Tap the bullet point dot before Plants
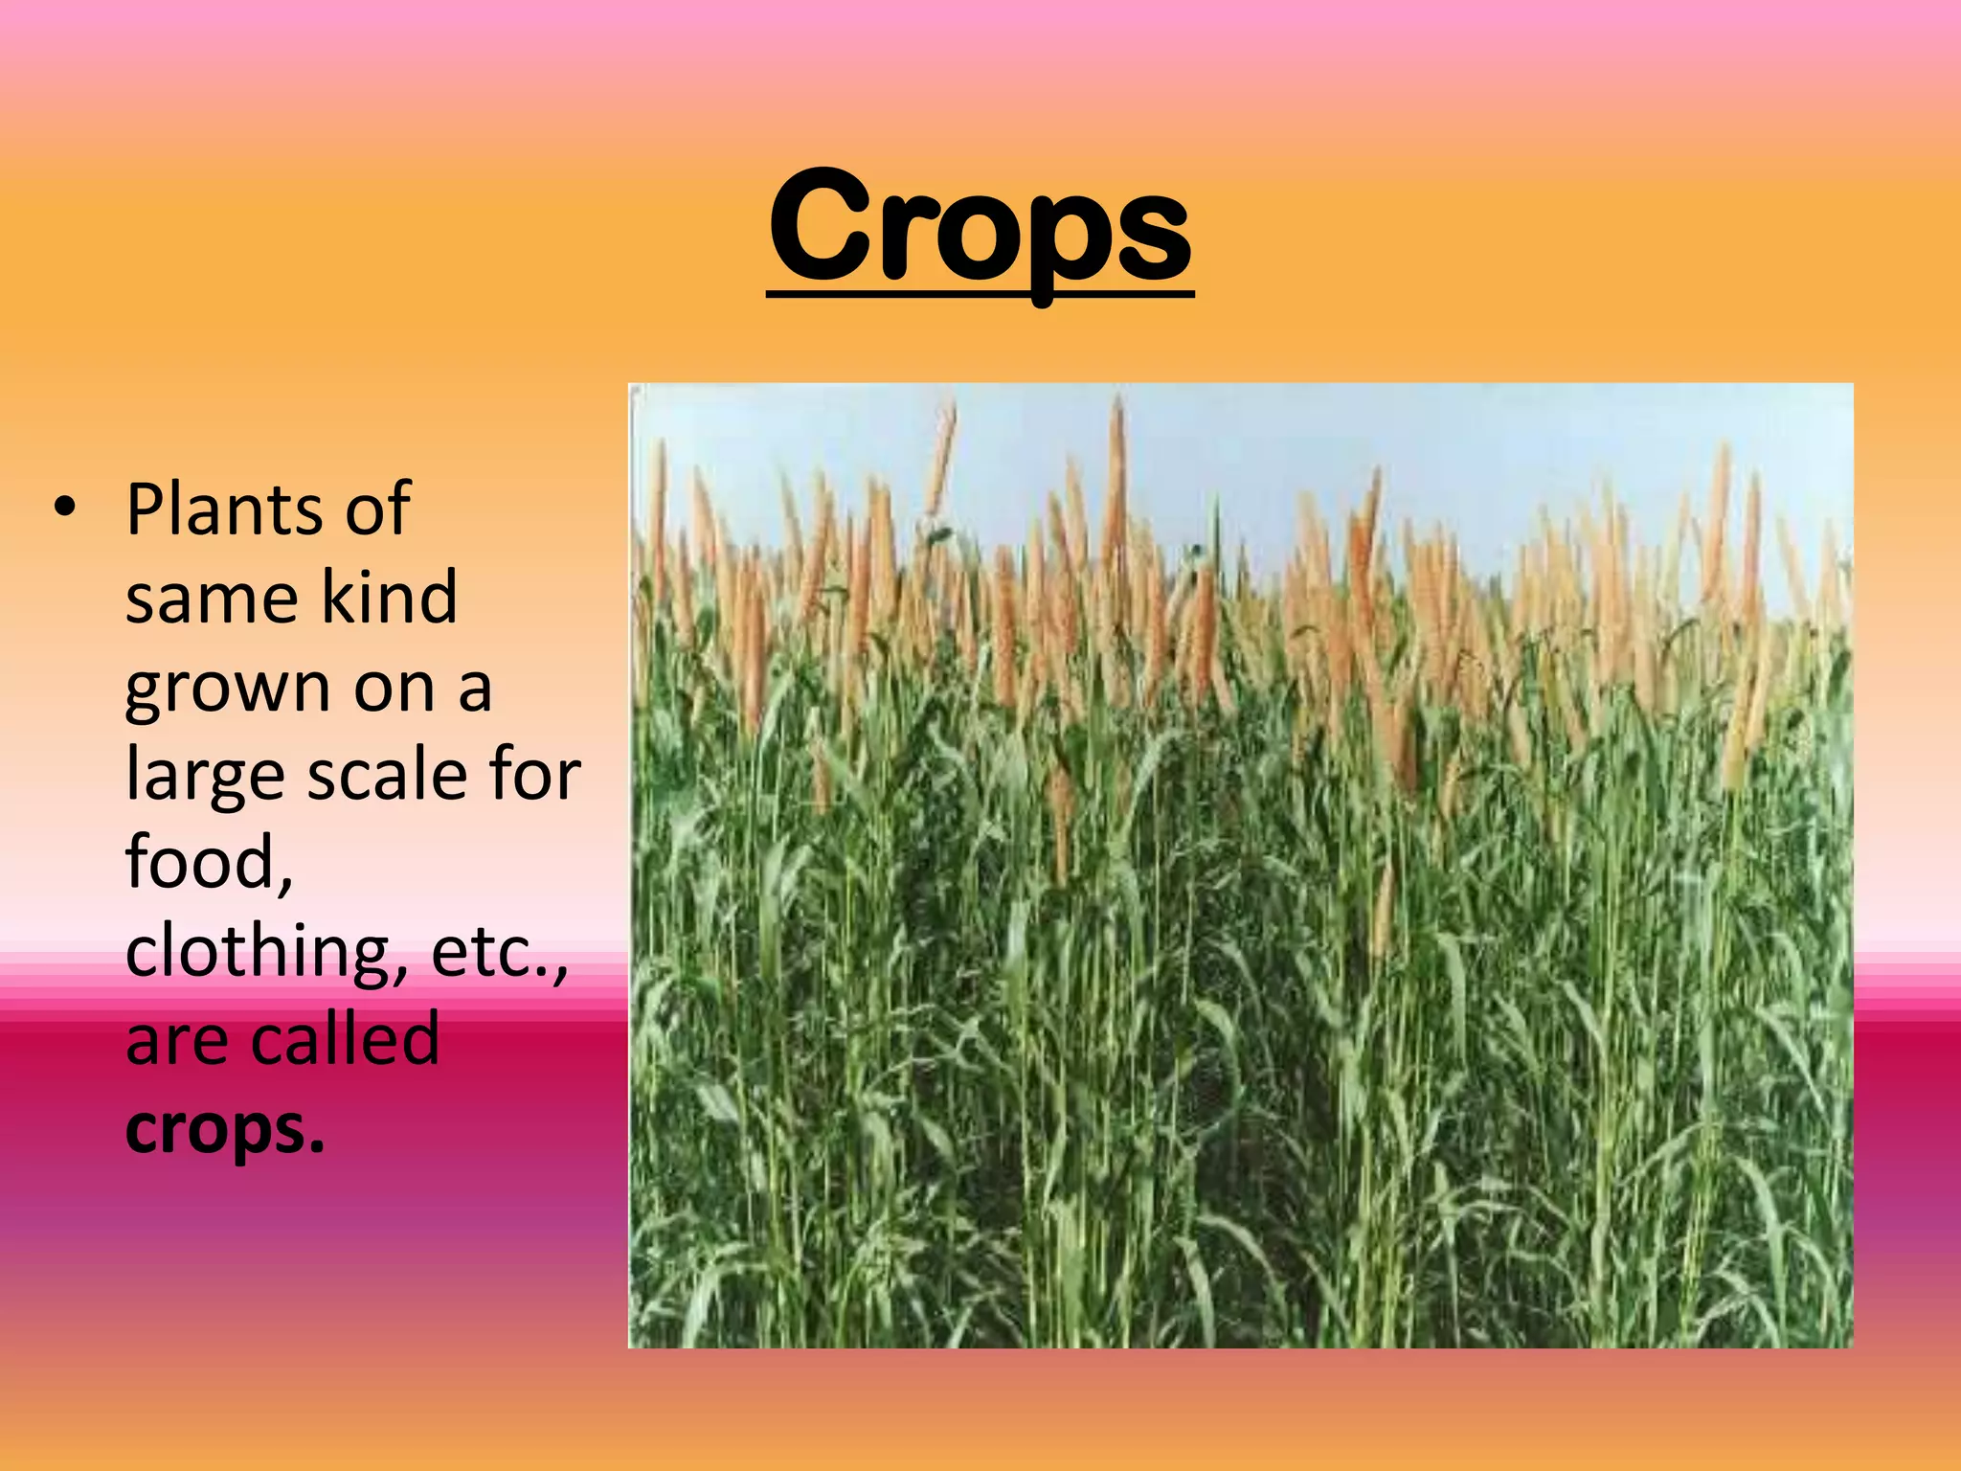(64, 509)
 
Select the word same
(212, 598)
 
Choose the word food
(201, 861)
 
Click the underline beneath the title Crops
(980, 296)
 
